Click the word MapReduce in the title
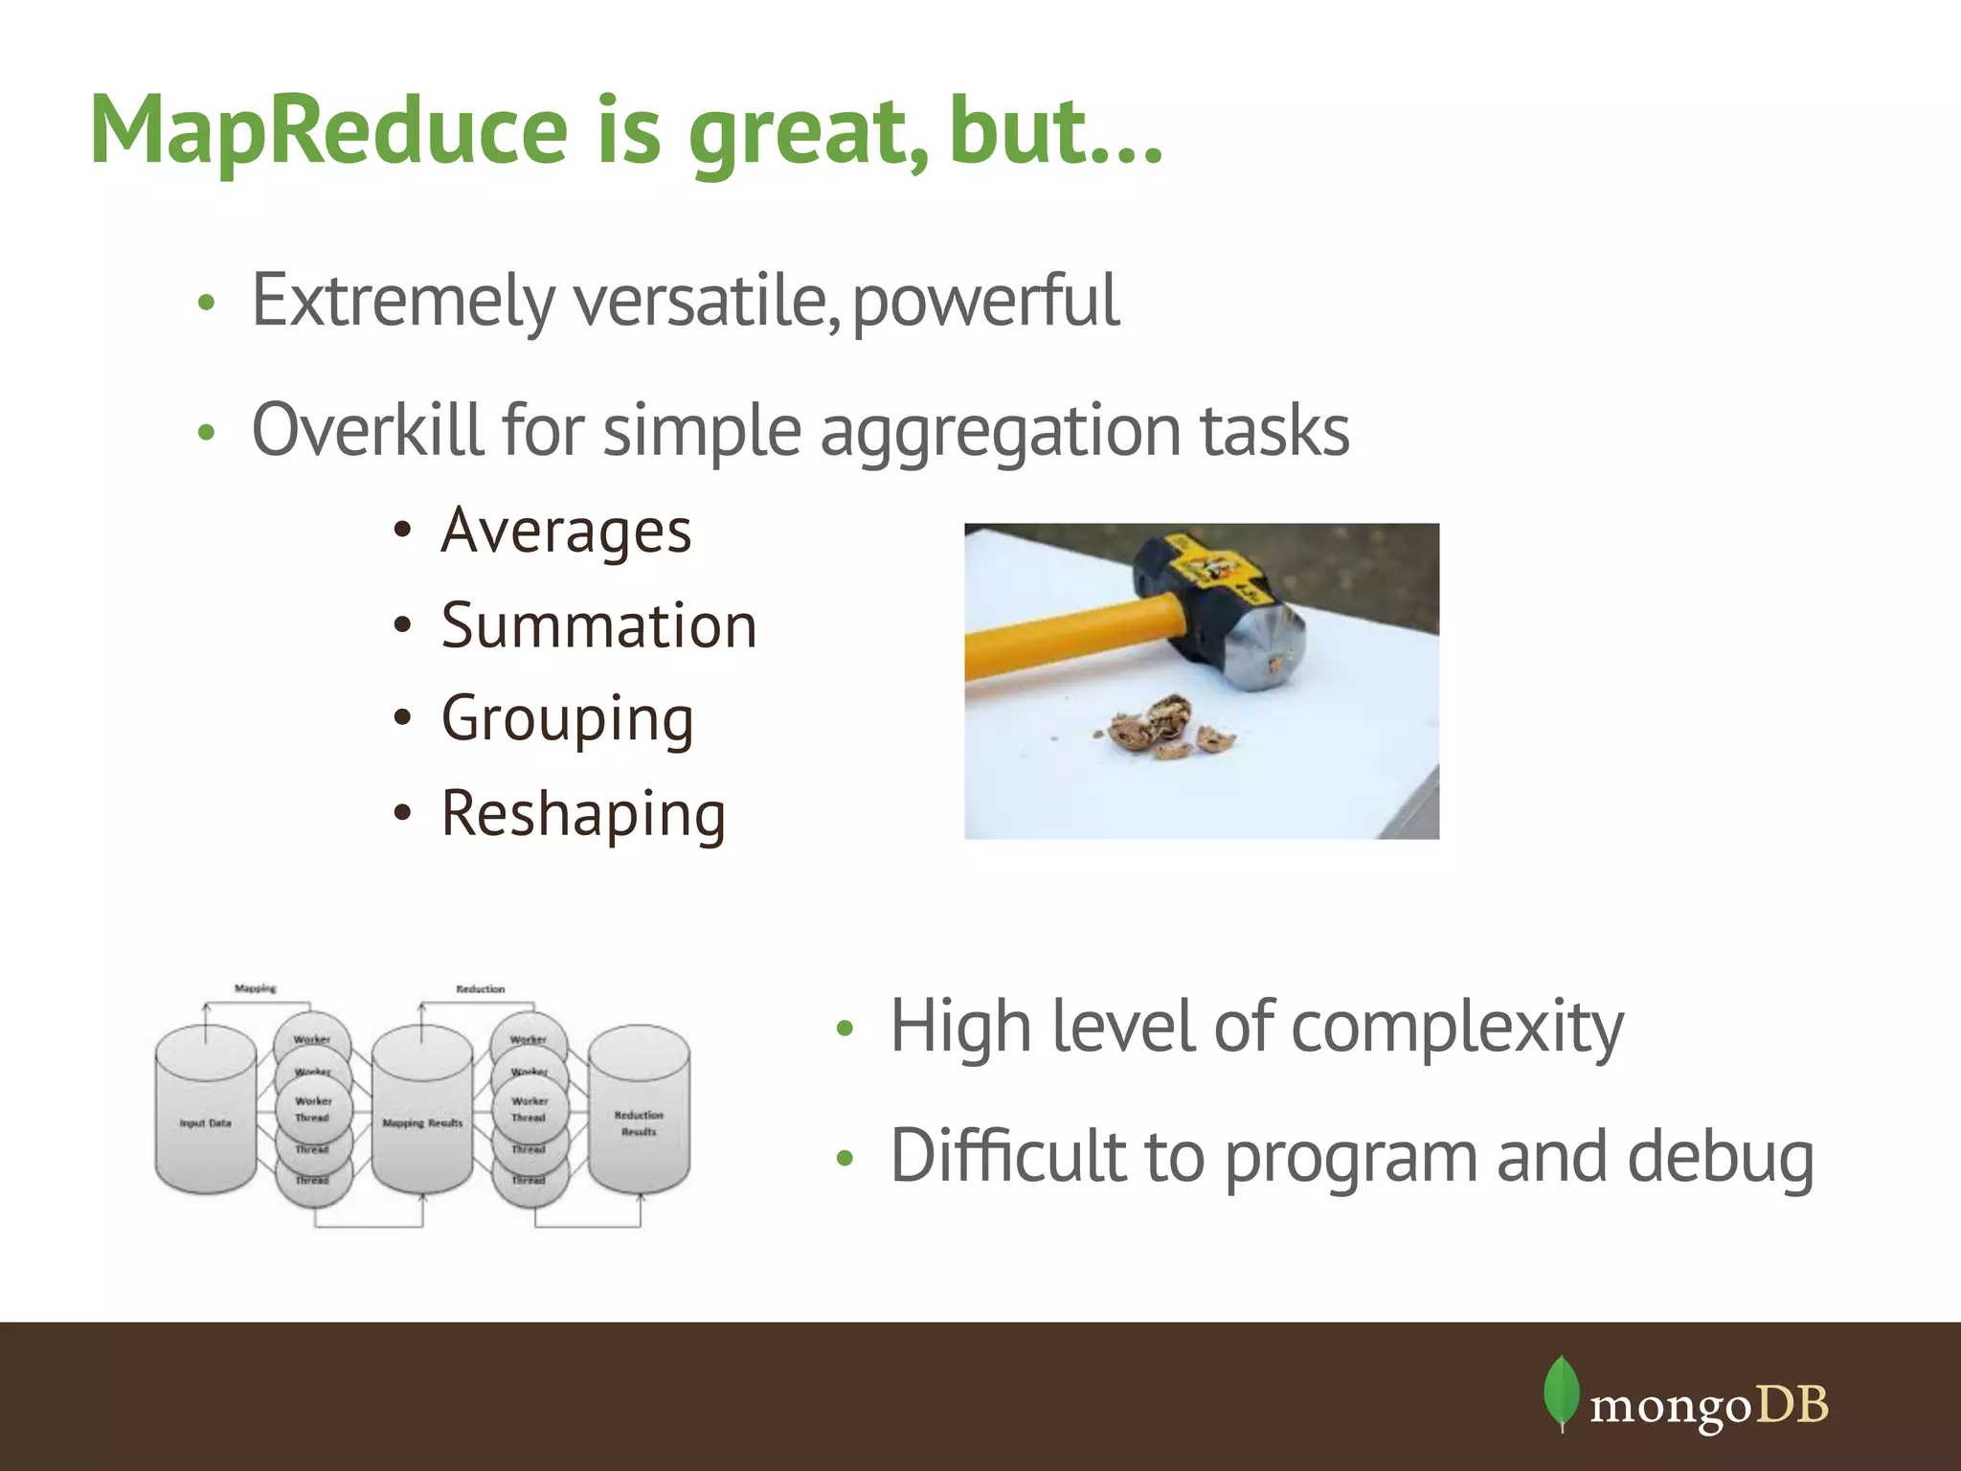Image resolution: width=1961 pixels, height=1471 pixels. [x=329, y=132]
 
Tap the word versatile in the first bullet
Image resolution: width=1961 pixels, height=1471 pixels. [x=700, y=301]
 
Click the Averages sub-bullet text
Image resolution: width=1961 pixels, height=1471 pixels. [x=566, y=532]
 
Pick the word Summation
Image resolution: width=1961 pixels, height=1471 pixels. [x=598, y=626]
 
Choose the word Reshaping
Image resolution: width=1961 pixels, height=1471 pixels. [x=583, y=815]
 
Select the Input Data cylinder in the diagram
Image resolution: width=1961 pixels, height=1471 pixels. [x=205, y=1111]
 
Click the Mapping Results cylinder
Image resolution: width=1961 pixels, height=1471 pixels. [x=422, y=1111]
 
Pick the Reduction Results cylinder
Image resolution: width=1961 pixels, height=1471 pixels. [x=639, y=1111]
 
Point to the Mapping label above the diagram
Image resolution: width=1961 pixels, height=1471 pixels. [x=255, y=987]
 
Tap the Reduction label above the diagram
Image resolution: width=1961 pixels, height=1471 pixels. [x=480, y=988]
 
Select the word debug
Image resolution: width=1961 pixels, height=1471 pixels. [x=1720, y=1158]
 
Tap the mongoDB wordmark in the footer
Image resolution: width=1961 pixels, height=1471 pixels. [x=1708, y=1406]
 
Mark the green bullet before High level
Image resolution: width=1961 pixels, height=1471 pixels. [x=844, y=1030]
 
